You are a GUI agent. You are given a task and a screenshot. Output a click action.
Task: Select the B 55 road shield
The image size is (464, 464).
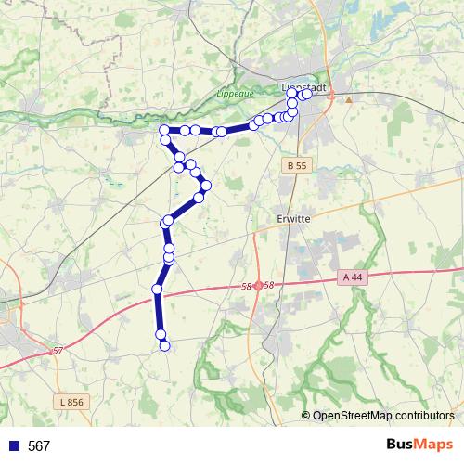(296, 164)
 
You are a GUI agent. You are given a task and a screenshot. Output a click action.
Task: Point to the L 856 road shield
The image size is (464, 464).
(69, 402)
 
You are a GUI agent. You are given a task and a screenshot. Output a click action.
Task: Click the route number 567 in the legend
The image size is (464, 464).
(39, 446)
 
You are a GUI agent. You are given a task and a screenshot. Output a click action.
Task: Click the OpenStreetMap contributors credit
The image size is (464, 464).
(383, 416)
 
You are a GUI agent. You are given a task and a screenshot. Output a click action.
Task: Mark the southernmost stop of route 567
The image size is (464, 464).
(165, 346)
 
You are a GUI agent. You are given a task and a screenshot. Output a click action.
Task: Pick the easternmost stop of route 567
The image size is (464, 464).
(307, 94)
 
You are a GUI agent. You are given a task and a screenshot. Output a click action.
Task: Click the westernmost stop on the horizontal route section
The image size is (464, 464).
(164, 130)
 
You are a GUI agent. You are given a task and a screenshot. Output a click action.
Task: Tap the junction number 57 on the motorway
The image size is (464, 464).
(58, 350)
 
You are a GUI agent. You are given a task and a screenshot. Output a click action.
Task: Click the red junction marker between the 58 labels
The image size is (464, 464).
(257, 286)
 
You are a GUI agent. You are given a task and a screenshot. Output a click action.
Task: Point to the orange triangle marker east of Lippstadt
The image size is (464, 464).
(349, 98)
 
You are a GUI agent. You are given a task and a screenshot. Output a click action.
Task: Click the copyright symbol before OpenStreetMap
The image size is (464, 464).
(305, 416)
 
